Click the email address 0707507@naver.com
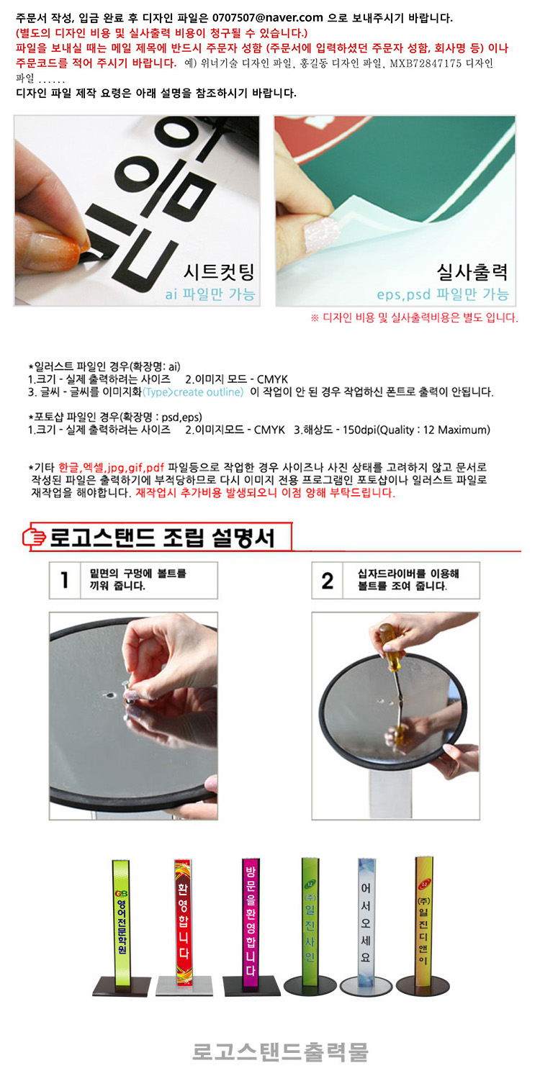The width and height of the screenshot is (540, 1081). click(267, 18)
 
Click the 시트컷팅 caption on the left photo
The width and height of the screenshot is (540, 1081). click(219, 272)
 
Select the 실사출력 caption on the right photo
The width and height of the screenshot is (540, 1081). click(472, 272)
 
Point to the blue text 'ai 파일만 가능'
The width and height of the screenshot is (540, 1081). click(210, 294)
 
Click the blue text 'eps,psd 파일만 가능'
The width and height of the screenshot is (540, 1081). click(443, 294)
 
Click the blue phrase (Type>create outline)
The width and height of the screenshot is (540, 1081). click(193, 392)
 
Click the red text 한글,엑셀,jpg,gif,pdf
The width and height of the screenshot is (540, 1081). click(112, 467)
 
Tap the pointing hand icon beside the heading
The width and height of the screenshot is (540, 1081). click(34, 537)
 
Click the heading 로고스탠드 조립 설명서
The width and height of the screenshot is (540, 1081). click(162, 538)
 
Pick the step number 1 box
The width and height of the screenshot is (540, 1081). click(65, 580)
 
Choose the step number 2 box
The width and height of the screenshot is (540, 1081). click(327, 580)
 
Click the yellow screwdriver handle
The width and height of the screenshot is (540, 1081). click(389, 643)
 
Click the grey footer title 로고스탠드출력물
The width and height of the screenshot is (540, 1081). click(280, 1051)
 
